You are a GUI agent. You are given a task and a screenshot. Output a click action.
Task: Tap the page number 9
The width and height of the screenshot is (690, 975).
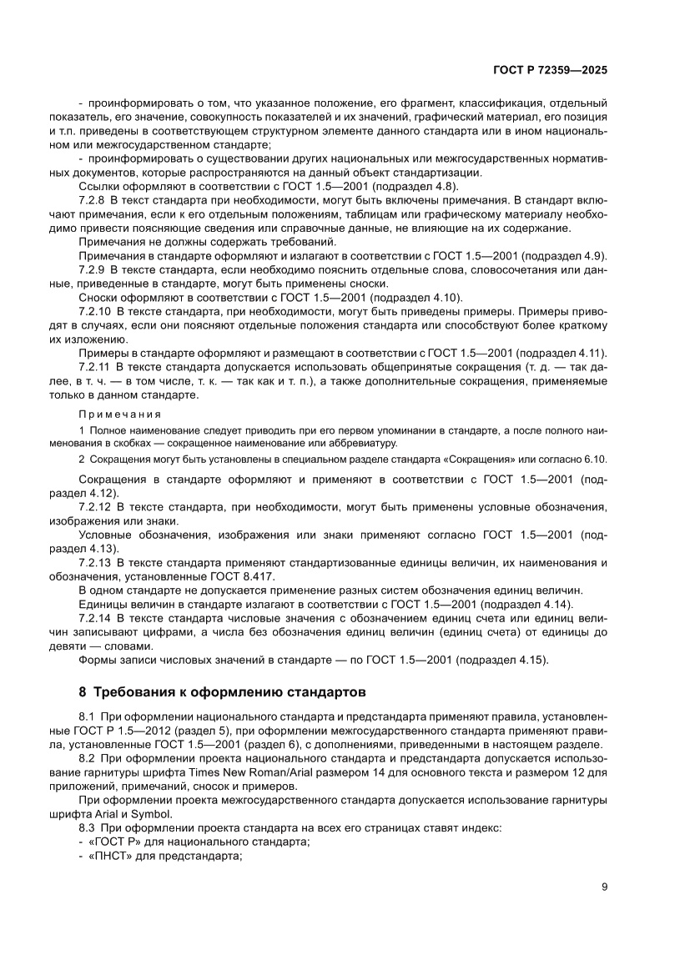pos(603,887)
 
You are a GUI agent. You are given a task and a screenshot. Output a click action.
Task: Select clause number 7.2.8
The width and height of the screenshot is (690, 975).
pos(92,201)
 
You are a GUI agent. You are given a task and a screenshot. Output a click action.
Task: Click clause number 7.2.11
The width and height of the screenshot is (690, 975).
pos(94,366)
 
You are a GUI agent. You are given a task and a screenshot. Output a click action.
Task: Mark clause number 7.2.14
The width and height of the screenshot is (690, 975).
pos(94,617)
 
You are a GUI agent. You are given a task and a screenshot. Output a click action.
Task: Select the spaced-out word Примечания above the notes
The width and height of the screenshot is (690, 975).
pos(120,414)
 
